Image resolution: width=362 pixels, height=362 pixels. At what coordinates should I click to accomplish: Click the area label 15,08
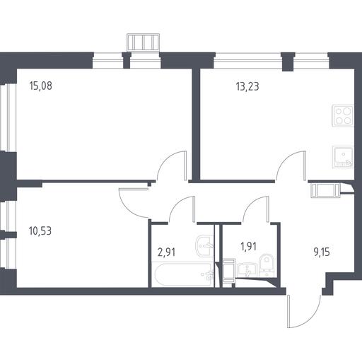(41, 86)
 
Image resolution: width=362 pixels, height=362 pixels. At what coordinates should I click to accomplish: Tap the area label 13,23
(247, 86)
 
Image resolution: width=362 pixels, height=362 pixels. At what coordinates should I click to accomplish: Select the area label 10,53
(40, 231)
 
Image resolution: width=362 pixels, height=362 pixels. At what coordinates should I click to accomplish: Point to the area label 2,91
(166, 252)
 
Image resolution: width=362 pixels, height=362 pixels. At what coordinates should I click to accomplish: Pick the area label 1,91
(248, 247)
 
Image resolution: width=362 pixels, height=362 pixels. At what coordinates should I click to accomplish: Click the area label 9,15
(322, 252)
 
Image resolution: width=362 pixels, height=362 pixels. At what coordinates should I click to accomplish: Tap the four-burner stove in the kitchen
(343, 116)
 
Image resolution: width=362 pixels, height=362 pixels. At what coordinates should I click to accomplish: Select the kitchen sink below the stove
(343, 157)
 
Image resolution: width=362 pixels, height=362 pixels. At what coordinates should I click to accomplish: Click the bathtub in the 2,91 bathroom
(183, 274)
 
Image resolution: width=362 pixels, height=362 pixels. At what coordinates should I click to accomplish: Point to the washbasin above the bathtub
(205, 246)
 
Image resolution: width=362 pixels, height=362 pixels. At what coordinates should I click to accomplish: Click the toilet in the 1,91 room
(267, 265)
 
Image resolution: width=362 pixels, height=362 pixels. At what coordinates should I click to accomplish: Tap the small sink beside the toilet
(247, 270)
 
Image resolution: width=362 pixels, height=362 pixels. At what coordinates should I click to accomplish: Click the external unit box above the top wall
(144, 42)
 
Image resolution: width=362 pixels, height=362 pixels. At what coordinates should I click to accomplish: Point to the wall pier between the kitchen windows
(288, 62)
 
